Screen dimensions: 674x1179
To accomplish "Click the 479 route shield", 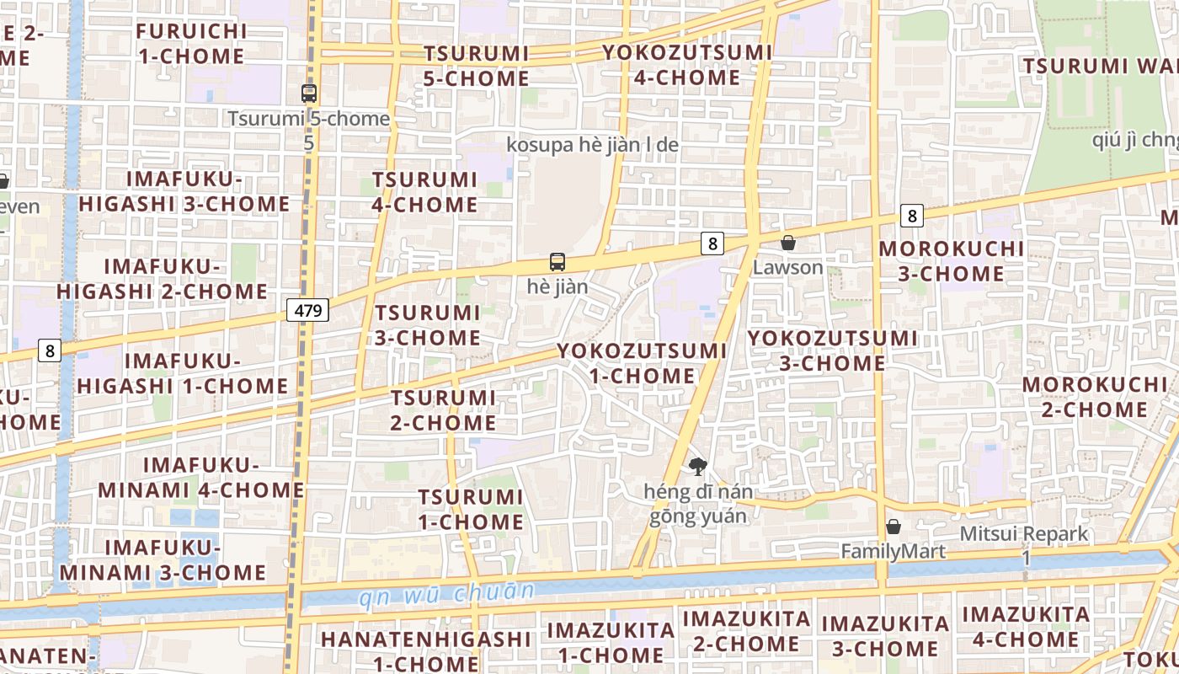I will (x=308, y=310).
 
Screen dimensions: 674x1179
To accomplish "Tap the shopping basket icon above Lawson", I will (x=788, y=243).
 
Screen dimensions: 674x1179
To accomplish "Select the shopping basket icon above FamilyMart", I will (x=894, y=527).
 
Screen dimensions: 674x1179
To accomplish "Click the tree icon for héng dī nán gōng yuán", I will (x=697, y=466).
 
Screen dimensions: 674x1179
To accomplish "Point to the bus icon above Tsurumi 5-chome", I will (x=309, y=94).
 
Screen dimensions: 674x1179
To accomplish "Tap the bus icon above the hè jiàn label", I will (x=557, y=262).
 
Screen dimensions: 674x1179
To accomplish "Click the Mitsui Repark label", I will (x=1024, y=534).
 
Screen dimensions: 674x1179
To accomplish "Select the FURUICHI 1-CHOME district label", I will (x=191, y=44).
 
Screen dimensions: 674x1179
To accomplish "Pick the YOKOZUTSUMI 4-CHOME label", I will (x=687, y=65).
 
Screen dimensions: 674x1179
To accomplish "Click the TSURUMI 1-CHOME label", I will (x=471, y=510).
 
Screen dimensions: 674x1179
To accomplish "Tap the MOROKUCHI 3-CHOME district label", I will (x=952, y=261).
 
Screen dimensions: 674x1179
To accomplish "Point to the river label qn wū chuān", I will (x=446, y=595).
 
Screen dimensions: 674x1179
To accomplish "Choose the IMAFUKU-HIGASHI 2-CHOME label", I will (x=163, y=280).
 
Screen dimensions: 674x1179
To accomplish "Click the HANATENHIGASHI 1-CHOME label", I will (x=425, y=650).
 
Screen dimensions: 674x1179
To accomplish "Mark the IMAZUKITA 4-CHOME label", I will (x=1026, y=627).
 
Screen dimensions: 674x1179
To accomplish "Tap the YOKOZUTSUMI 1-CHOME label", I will (x=642, y=363).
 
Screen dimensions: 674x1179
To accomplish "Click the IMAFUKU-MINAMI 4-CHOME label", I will (x=201, y=478).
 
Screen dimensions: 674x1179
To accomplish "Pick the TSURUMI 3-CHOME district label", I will (x=428, y=325).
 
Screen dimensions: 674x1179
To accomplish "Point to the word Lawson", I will (x=788, y=268).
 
